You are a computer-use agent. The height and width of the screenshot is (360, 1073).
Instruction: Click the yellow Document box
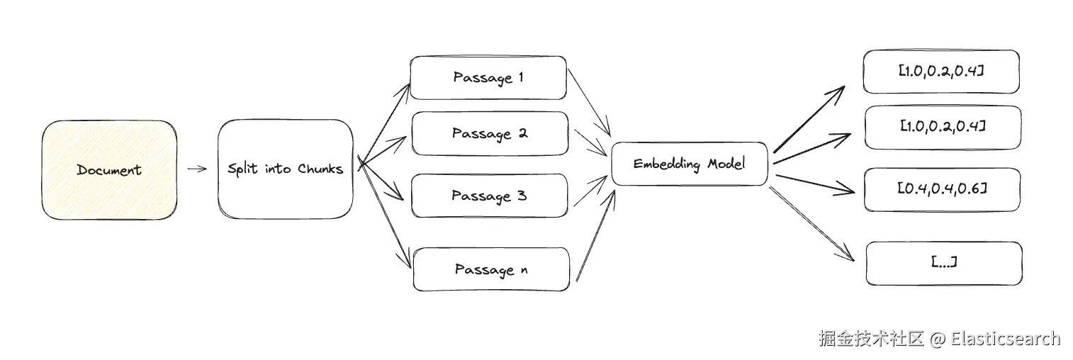(x=109, y=170)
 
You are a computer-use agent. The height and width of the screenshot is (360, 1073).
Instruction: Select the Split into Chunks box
(x=286, y=169)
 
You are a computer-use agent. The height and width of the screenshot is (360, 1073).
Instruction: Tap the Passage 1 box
(x=488, y=77)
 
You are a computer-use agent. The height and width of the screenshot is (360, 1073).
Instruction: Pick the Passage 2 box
(x=490, y=133)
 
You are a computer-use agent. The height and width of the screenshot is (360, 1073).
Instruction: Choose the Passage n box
(x=491, y=269)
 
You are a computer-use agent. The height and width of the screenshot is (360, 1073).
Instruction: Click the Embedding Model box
(x=690, y=164)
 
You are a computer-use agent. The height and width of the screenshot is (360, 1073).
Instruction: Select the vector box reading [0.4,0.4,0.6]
(x=942, y=189)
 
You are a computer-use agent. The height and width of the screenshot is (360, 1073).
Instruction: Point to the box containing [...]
(x=944, y=264)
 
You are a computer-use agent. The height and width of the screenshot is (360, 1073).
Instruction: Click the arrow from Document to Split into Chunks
(x=197, y=169)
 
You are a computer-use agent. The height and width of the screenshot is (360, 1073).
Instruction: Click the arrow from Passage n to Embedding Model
(x=595, y=235)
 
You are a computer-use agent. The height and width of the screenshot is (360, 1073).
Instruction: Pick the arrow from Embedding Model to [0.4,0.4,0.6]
(x=815, y=184)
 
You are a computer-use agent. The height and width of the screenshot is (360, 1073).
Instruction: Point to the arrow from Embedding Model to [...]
(x=812, y=224)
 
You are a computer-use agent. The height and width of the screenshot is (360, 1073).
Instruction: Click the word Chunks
(x=320, y=169)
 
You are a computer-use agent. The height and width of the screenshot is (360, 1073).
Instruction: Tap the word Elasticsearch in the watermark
(x=1005, y=339)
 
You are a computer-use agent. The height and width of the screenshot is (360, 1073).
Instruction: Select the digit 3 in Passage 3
(x=522, y=195)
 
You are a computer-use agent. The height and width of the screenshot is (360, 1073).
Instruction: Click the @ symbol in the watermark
(x=937, y=339)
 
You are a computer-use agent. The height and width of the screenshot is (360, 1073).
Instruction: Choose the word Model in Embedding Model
(x=726, y=164)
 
